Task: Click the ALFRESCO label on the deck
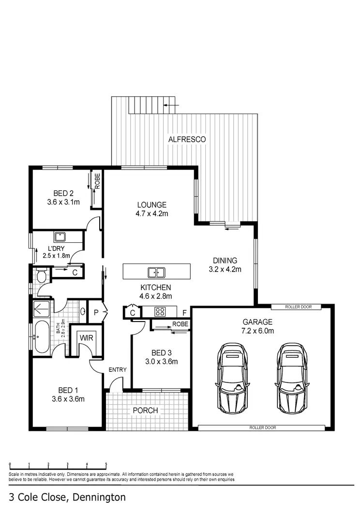[x=187, y=139]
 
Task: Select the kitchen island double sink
[x=156, y=272]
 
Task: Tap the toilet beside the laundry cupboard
[x=41, y=276]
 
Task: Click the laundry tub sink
[x=60, y=237]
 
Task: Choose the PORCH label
[x=145, y=410]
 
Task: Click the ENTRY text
[x=117, y=370]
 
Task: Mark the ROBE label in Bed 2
[x=97, y=181]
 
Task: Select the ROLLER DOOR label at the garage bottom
[x=262, y=428]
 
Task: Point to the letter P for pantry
[x=96, y=312]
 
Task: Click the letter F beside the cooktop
[x=184, y=312]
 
